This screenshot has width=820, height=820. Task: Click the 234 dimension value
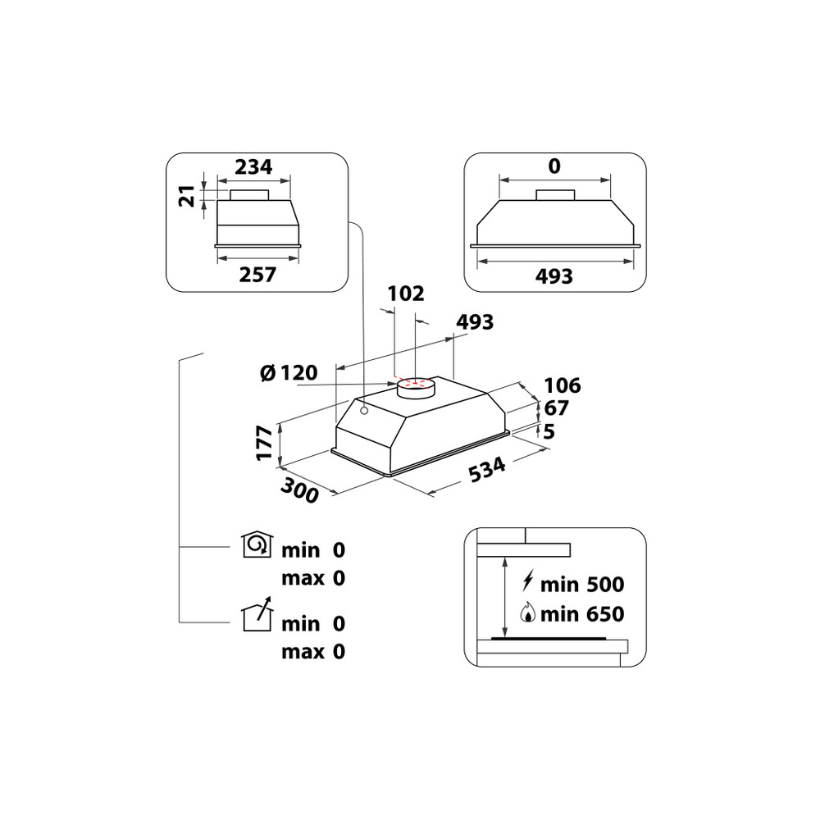[x=253, y=167]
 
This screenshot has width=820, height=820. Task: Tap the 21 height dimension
[x=188, y=196]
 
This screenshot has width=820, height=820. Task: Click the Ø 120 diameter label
[x=289, y=373]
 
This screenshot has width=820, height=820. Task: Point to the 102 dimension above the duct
[x=405, y=294]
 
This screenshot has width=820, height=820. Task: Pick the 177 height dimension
[x=264, y=443]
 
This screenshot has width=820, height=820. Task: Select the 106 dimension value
[x=562, y=385]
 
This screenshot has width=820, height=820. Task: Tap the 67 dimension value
[x=556, y=408]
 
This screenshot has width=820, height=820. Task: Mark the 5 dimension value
[x=549, y=431]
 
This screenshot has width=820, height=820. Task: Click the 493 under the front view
[x=553, y=276]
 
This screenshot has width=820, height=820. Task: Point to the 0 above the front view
[x=554, y=167]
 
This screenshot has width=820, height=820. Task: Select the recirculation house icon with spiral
[x=257, y=544]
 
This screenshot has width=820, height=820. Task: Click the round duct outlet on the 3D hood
[x=416, y=387]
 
